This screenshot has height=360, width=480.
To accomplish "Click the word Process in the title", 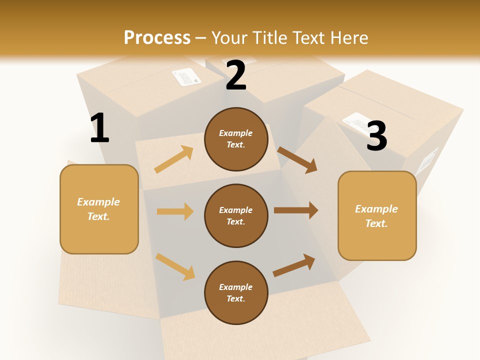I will [x=157, y=37].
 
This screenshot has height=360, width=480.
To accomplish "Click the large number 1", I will [x=99, y=128].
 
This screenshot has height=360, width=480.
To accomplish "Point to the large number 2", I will [x=235, y=75].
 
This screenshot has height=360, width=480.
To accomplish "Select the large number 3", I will [x=376, y=136].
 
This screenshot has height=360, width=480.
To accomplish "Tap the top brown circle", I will [x=236, y=139].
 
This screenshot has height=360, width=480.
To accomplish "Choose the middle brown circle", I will [x=236, y=215].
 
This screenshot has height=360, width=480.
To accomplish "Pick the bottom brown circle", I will [x=236, y=292].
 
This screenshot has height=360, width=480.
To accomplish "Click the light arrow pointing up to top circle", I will [x=173, y=159].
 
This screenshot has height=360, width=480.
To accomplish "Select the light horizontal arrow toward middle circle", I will [x=175, y=211].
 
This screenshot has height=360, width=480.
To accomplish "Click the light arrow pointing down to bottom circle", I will [x=175, y=266].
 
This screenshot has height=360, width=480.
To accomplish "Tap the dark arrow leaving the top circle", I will [x=297, y=160].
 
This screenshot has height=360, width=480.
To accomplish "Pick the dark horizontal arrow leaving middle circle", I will [x=296, y=210].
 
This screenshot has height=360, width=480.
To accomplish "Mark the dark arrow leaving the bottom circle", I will [x=294, y=265].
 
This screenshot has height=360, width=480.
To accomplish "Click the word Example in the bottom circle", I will [x=235, y=287].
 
